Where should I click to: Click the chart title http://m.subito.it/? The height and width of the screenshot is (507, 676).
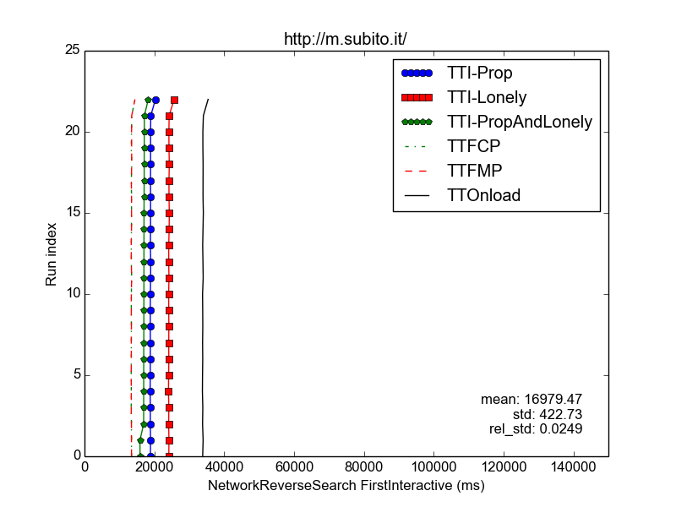click(345, 39)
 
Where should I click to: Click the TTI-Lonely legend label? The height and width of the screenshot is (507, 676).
click(487, 97)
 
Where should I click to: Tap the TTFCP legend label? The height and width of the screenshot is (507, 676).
click(473, 146)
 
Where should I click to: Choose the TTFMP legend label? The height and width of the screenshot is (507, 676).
click(474, 172)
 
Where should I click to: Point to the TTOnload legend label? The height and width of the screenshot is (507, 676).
click(483, 195)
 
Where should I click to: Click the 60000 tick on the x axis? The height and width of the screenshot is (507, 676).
click(294, 467)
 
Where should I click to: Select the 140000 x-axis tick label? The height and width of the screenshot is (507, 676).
click(574, 467)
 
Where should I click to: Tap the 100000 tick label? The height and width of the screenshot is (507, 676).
click(434, 467)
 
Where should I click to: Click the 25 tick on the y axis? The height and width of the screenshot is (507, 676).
click(73, 50)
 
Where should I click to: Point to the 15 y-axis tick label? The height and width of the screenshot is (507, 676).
click(73, 213)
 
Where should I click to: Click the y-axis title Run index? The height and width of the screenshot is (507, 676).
click(51, 254)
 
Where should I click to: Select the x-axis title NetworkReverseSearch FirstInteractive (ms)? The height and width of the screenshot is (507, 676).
click(346, 485)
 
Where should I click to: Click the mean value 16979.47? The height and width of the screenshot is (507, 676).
click(553, 399)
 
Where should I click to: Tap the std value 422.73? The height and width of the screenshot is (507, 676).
click(561, 414)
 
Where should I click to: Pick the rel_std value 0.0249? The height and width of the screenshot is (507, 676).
click(561, 429)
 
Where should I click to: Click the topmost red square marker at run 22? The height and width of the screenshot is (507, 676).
click(175, 100)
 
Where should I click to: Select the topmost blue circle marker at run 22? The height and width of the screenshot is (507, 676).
click(156, 100)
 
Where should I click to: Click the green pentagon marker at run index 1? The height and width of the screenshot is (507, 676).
click(140, 440)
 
